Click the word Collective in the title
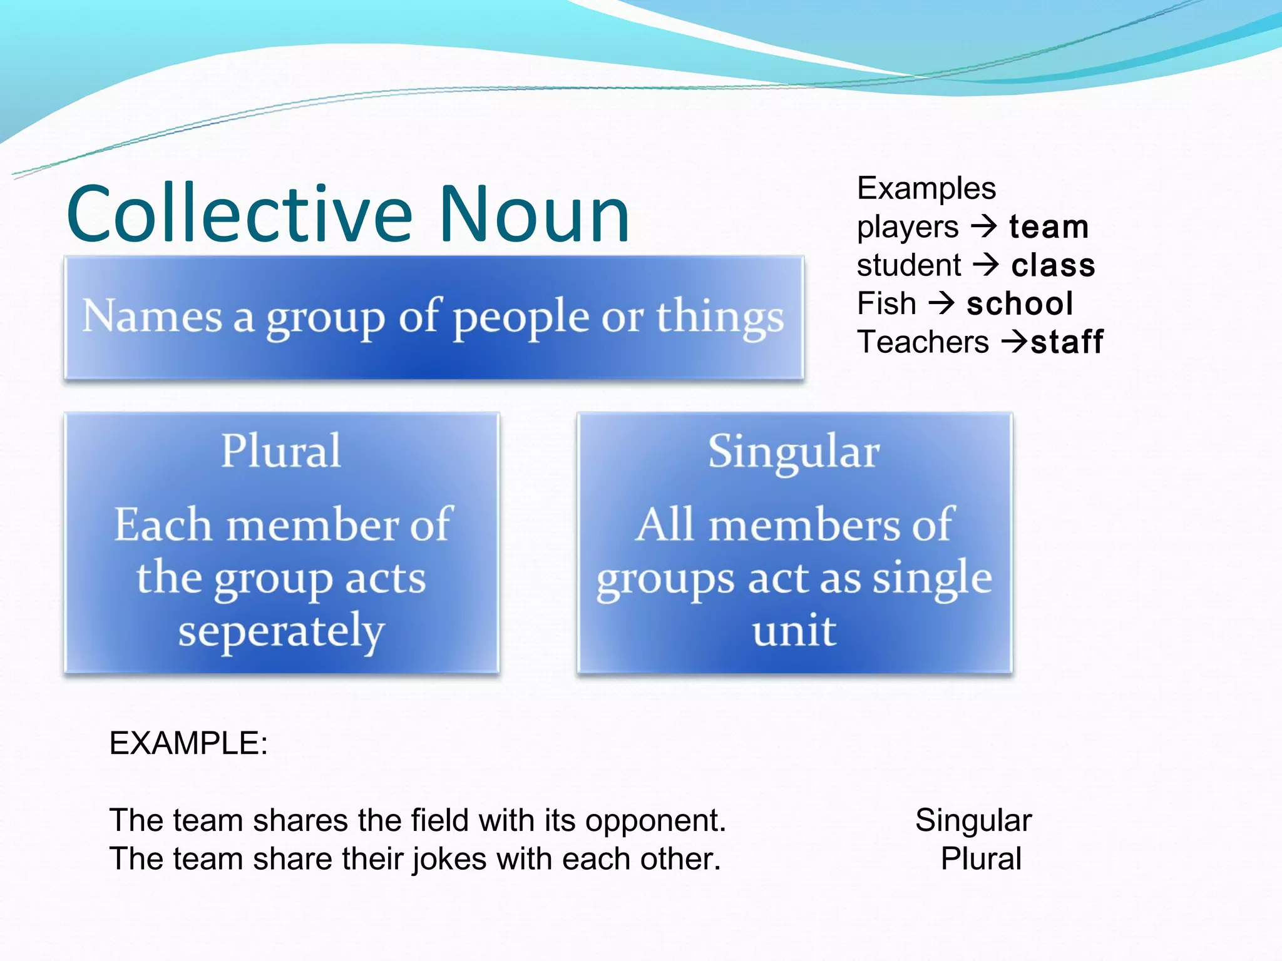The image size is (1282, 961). (x=239, y=214)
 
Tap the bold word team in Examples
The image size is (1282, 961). (x=1049, y=227)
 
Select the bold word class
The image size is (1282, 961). (x=1053, y=265)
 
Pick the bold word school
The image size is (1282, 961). (x=1020, y=304)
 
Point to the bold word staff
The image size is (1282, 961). (x=1067, y=342)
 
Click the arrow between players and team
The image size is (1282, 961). (x=984, y=226)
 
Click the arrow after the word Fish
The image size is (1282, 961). (x=941, y=303)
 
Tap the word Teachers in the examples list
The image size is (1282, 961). (x=923, y=342)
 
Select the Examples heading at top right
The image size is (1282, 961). (x=926, y=188)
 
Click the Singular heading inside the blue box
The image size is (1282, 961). (x=794, y=452)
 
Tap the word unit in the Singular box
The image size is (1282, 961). (x=794, y=631)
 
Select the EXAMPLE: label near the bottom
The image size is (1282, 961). (x=188, y=743)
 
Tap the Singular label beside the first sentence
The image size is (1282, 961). (x=973, y=820)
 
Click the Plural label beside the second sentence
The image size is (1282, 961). (x=980, y=858)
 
